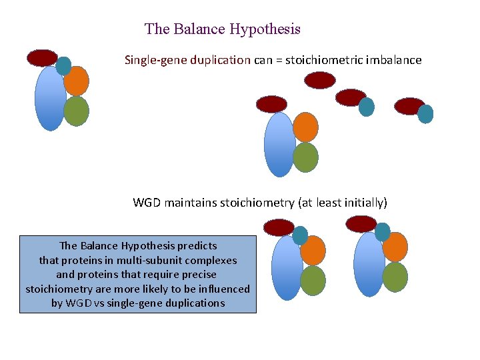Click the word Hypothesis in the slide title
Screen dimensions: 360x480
click(x=265, y=29)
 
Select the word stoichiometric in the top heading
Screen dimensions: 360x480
click(x=323, y=60)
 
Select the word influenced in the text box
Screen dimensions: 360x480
click(x=223, y=289)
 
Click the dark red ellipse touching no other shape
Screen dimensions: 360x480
click(x=320, y=80)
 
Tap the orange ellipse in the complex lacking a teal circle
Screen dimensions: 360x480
click(x=305, y=127)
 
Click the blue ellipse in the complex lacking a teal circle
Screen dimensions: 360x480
click(x=279, y=144)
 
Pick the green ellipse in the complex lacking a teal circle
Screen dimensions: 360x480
click(x=305, y=157)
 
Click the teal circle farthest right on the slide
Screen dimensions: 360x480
click(x=425, y=114)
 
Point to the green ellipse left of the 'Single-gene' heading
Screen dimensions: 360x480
click(x=77, y=111)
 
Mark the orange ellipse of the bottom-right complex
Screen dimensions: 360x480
click(x=395, y=246)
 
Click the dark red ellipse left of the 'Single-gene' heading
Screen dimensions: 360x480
click(x=42, y=58)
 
